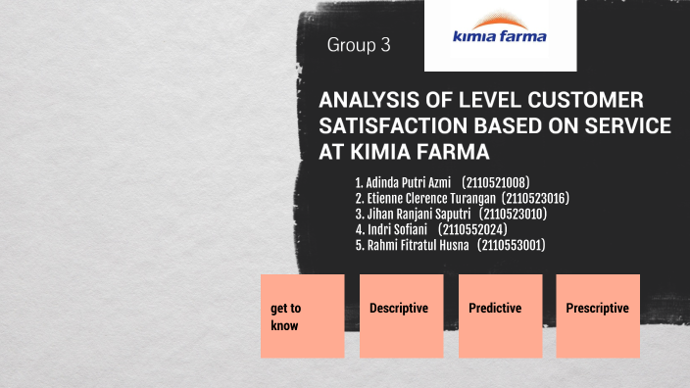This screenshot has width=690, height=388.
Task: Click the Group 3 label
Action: coord(359,46)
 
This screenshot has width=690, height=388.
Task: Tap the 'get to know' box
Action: coord(302,315)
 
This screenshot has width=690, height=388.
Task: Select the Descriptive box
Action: coord(400,315)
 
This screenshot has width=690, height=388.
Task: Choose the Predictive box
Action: coord(499,315)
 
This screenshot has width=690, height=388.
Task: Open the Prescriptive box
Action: coord(598,315)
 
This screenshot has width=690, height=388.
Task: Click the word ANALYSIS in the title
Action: coord(369,101)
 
